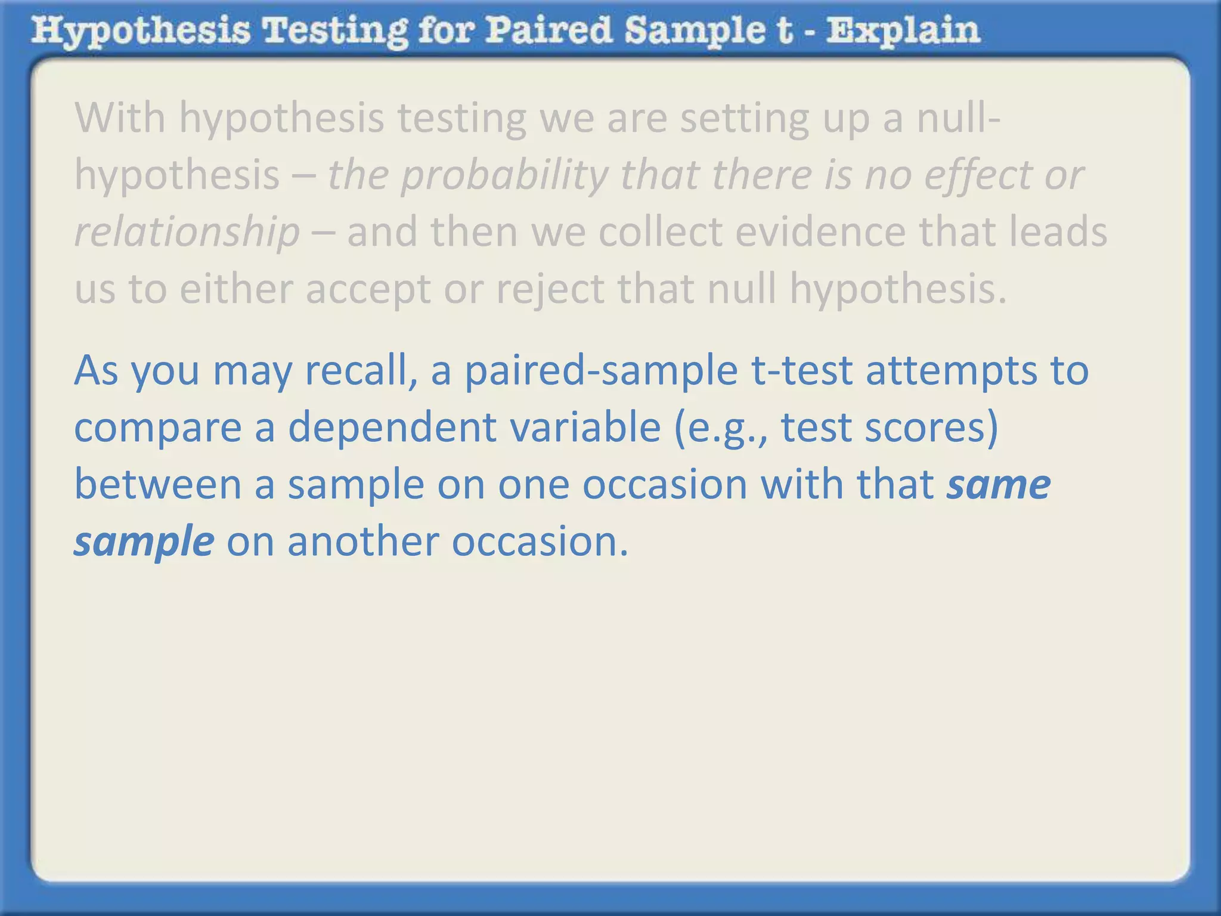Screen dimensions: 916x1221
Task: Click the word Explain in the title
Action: pos(903,31)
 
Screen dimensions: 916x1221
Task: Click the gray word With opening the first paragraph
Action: pos(120,117)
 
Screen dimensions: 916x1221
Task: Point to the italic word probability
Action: pos(504,175)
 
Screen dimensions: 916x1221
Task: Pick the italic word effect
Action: pos(977,175)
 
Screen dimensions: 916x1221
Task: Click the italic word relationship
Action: pos(187,232)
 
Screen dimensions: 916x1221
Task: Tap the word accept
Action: pos(368,289)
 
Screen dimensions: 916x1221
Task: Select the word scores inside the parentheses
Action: pos(931,428)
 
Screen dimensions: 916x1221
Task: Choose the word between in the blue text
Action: pos(157,484)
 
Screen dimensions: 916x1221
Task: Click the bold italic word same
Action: pos(999,484)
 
